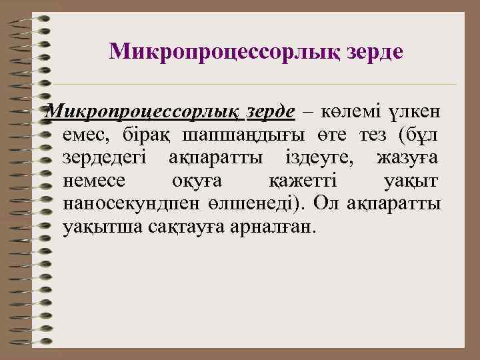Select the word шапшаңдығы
[x=243, y=135]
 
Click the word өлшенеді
[x=259, y=204]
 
